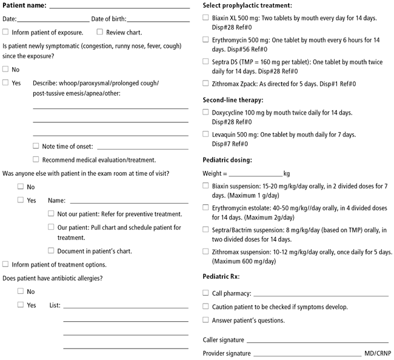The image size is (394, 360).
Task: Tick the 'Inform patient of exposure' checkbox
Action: pos(6,32)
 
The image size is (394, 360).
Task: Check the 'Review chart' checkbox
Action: pos(100,32)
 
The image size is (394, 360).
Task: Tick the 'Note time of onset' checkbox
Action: pos(36,145)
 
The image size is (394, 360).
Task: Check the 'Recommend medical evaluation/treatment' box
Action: pos(36,159)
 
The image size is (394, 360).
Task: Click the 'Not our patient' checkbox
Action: pos(52,213)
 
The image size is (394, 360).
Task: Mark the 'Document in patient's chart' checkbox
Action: pos(52,250)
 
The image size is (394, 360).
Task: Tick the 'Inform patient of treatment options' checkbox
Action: pos(6,264)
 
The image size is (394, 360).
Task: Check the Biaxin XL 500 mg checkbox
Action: pos(206,18)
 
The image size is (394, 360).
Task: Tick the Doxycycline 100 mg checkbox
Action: pos(206,112)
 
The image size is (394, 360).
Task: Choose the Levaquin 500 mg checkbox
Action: pos(206,134)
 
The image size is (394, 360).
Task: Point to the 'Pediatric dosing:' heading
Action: pos(227,160)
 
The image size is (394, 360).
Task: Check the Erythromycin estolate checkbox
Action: pos(206,207)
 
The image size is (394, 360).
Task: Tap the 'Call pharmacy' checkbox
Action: pos(206,292)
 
